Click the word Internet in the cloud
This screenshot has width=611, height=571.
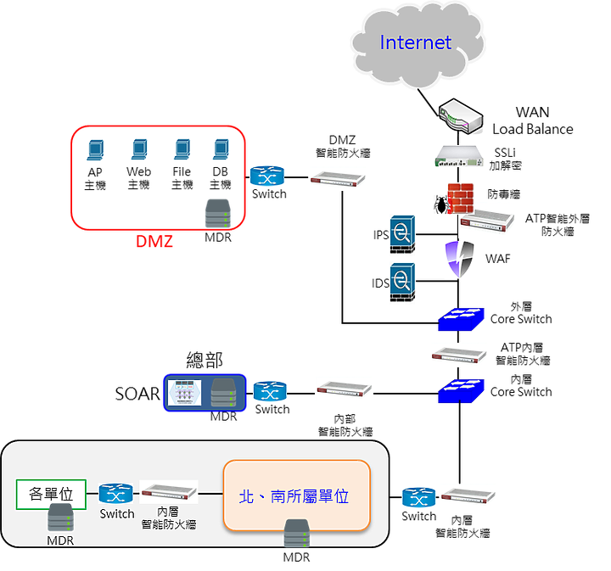pos(415,42)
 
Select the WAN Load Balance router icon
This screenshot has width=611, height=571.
pos(461,116)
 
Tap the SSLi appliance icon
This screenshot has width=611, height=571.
pos(459,156)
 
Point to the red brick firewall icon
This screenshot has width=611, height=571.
pos(461,199)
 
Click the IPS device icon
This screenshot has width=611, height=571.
pos(402,234)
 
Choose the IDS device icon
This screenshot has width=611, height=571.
pos(402,283)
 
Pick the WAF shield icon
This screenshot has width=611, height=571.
pos(460,258)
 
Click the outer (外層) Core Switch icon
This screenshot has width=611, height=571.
pos(462,319)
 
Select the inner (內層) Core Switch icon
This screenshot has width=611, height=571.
pos(462,391)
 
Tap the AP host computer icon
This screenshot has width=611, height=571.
pos(95,150)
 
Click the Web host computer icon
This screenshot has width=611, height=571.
pos(139,149)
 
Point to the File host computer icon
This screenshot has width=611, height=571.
pos(182,149)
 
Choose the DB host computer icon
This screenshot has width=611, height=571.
pos(221,149)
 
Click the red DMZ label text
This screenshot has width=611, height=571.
pos(154,242)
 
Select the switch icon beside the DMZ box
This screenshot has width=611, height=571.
pos(267,176)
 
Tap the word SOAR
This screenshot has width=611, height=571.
pos(137,394)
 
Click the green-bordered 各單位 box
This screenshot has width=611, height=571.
pos(51,495)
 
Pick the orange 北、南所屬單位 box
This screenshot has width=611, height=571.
pos(296,495)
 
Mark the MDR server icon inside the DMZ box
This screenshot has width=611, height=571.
pos(218,214)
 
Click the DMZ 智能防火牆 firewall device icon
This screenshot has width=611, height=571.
pos(338,179)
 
